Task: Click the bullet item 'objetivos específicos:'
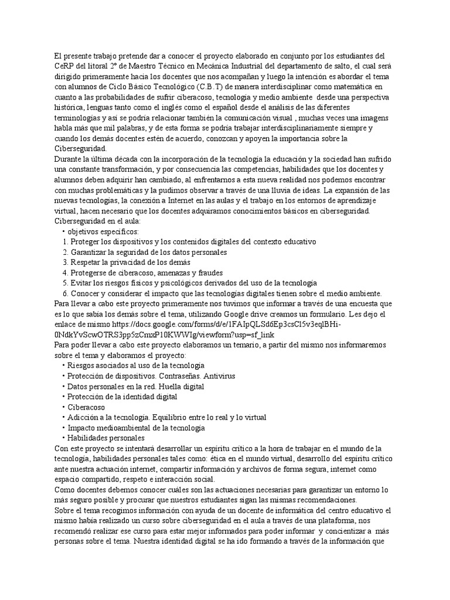point(103,232)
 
